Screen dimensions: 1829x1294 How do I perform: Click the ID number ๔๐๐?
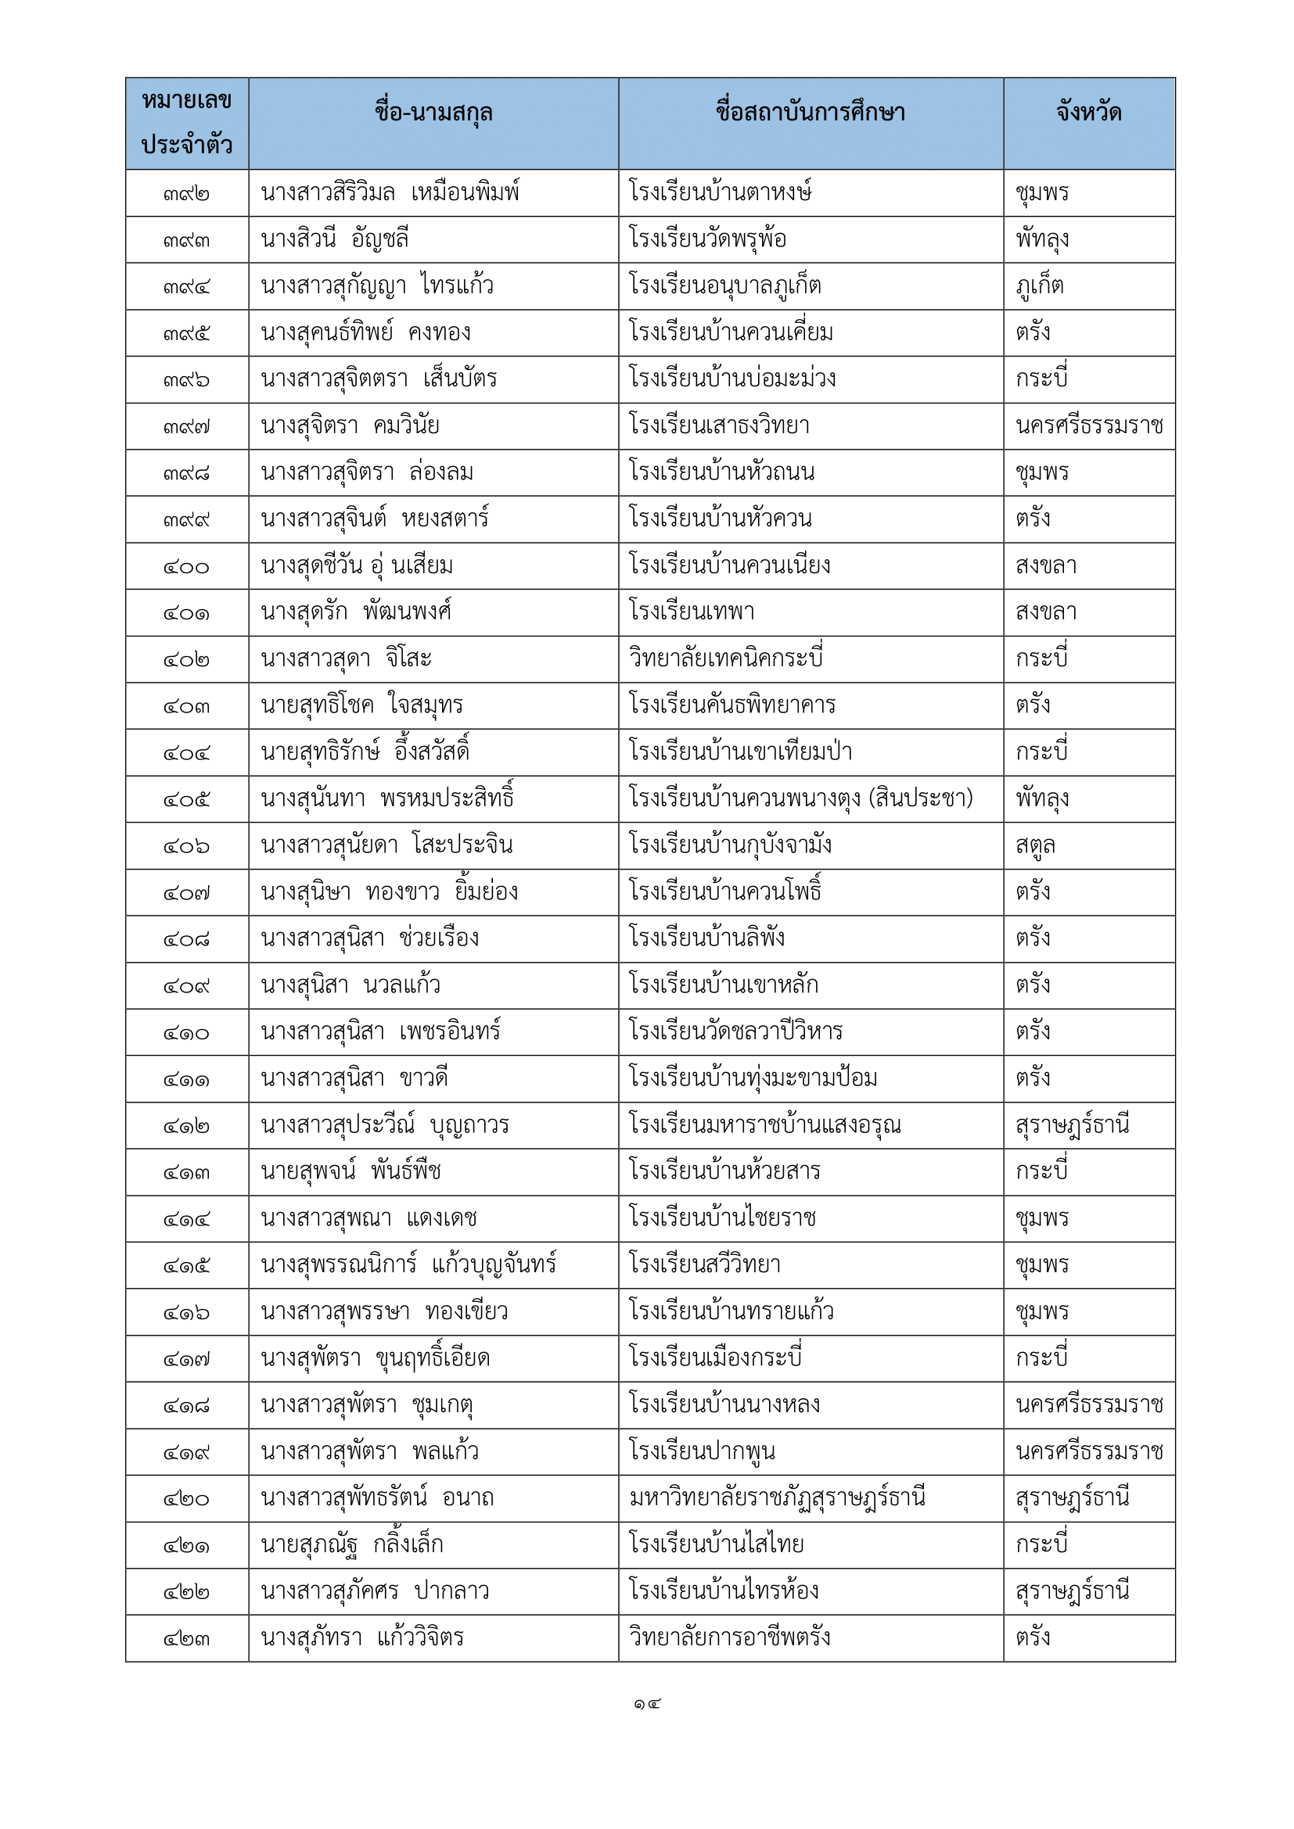186,567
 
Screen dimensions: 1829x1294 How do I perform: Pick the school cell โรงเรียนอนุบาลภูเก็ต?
724,286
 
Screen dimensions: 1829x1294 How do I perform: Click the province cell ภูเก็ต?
1039,286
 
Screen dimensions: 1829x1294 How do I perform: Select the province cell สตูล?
1035,845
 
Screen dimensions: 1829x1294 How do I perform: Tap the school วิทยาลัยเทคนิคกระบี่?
726,658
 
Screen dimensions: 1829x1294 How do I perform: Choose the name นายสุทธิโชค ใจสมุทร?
361,706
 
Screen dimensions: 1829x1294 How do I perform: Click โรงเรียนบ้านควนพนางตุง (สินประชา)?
801,799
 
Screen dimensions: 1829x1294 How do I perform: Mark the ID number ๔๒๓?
186,1639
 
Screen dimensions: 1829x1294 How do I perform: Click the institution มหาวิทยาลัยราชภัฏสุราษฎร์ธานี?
777,1498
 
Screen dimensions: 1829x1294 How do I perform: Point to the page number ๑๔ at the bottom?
647,1704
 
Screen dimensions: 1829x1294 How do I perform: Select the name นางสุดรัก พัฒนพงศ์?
356,612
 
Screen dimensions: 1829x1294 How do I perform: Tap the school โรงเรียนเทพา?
692,612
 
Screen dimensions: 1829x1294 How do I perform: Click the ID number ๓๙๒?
186,194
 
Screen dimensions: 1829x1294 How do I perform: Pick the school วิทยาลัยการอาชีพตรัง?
729,1639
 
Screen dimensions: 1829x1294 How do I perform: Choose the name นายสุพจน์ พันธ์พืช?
350,1172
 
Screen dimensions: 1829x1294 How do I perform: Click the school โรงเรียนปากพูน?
702,1452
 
